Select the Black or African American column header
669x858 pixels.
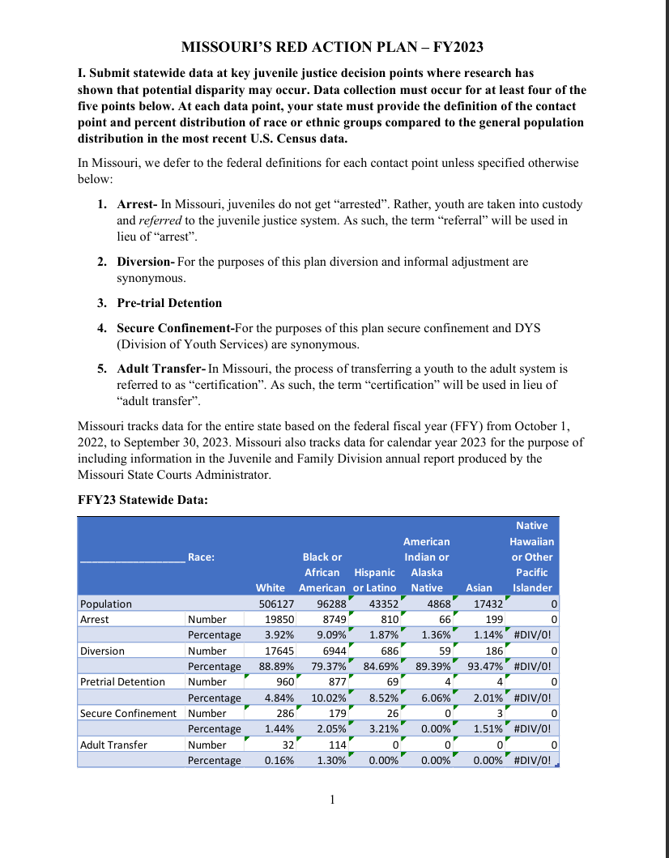pos(322,572)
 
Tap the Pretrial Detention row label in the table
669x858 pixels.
pos(121,682)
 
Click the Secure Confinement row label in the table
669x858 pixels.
pos(128,714)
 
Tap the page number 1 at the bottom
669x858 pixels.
pos(332,801)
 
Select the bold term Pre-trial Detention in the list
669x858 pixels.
pos(169,303)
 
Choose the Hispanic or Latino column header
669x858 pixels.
pos(375,579)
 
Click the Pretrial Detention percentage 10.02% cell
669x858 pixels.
pos(329,698)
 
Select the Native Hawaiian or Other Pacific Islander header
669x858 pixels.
pos(531,557)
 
